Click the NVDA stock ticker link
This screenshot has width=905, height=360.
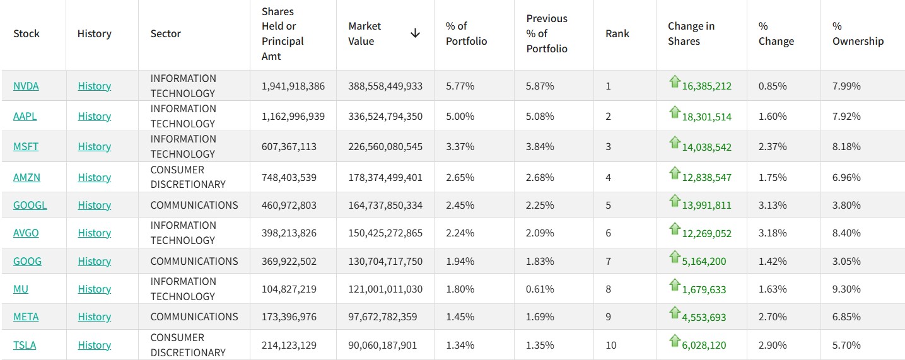point(26,86)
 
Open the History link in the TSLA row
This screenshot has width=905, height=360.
point(94,345)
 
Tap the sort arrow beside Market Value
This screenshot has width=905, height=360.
point(415,33)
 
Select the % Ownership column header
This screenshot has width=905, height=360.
point(858,33)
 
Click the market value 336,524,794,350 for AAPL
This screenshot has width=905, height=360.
point(385,117)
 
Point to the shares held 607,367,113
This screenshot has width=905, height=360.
point(289,146)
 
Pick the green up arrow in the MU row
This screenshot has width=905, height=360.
point(675,285)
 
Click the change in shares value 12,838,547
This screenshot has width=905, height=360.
point(706,177)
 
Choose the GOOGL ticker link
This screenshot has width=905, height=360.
point(30,206)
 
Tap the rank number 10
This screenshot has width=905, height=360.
point(611,345)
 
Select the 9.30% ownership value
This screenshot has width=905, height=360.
point(846,289)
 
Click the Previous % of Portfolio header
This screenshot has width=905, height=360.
point(547,33)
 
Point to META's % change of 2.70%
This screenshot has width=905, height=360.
point(772,316)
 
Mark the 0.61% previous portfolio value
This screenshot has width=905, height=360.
point(539,289)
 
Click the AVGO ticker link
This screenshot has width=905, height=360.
point(26,233)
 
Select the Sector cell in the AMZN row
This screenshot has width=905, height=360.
point(188,177)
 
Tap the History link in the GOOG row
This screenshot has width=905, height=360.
point(94,261)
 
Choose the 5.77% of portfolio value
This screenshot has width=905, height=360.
point(460,86)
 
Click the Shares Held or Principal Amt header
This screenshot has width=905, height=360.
point(283,33)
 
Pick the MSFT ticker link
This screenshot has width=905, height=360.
point(25,146)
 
